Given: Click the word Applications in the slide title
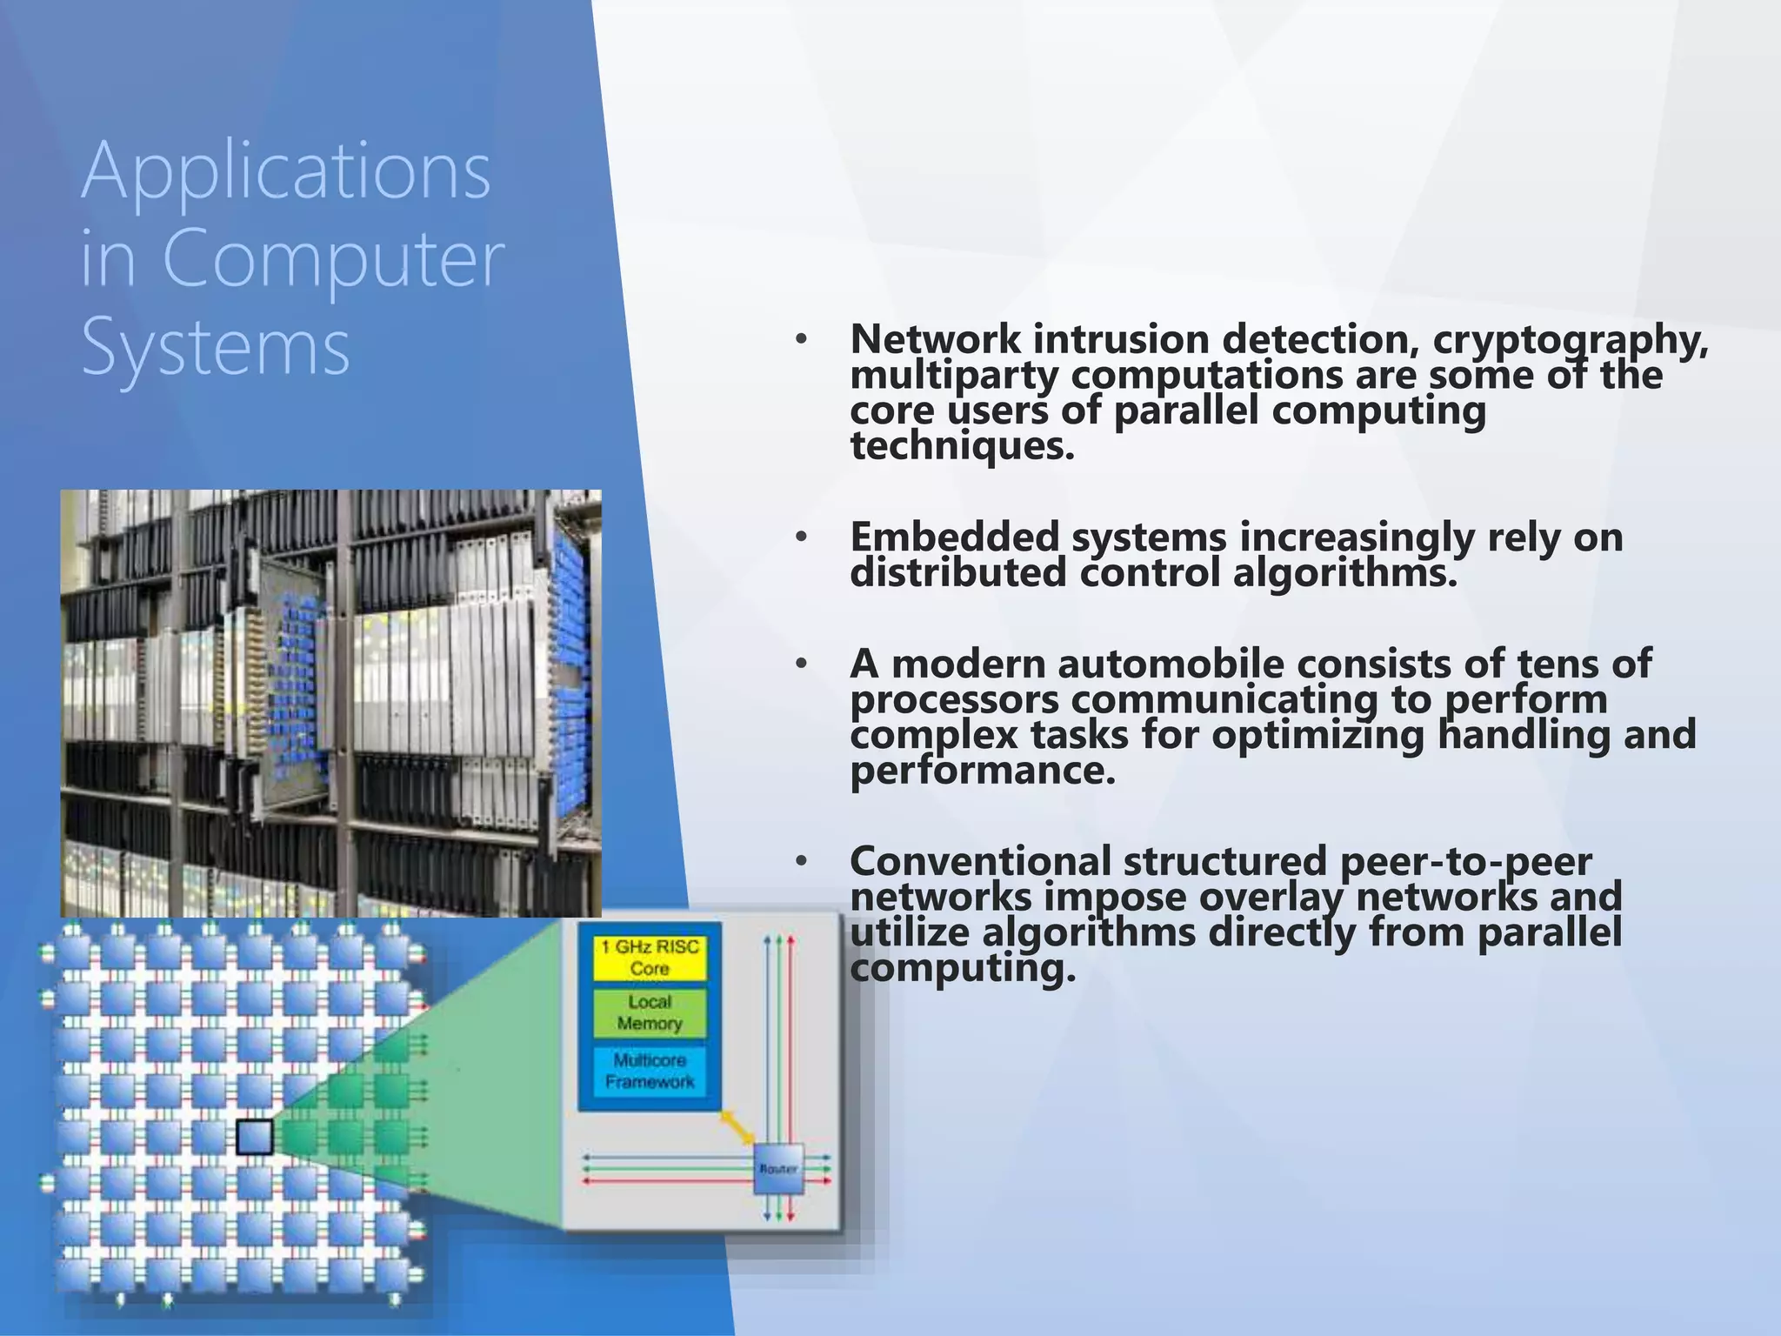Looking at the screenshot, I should click(x=285, y=172).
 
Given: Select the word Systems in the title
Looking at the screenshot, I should click(x=216, y=347).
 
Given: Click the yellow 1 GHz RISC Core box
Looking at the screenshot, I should click(x=650, y=958).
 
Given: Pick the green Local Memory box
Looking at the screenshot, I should click(x=650, y=1012).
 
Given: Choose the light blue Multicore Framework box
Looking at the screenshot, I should click(x=650, y=1071).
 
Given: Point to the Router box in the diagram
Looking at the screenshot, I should click(x=778, y=1169).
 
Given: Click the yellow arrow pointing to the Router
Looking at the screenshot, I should click(x=736, y=1128).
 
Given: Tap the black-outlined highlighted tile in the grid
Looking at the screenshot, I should click(x=255, y=1137).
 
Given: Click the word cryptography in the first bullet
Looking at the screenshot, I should click(x=1570, y=339).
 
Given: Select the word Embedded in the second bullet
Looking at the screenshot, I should click(x=954, y=537).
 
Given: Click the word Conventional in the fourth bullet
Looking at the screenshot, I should click(x=980, y=862).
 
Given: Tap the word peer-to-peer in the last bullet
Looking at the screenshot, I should click(x=1466, y=862).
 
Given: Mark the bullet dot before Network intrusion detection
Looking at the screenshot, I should click(x=801, y=339).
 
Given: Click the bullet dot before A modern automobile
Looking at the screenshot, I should click(x=801, y=665).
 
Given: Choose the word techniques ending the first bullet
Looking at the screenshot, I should click(x=962, y=446).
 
